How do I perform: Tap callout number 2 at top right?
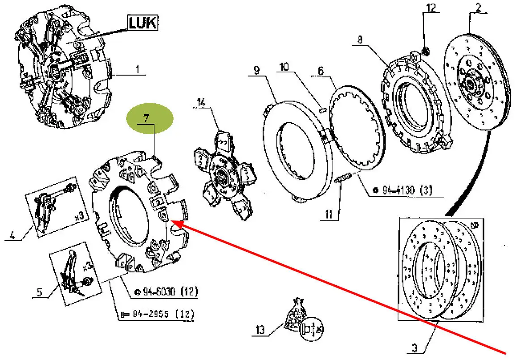pos(478,7)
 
